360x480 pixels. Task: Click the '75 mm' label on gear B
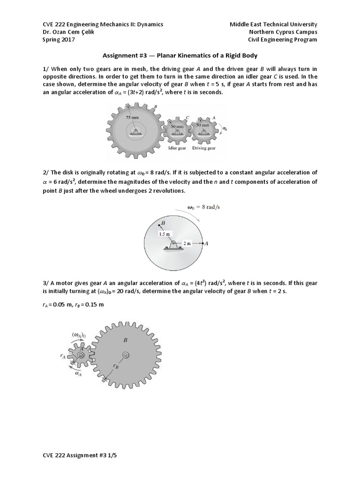pos(133,118)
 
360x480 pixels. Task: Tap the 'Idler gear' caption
pos(177,148)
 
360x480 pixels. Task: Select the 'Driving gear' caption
pos(204,148)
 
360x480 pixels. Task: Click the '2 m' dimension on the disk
pos(187,243)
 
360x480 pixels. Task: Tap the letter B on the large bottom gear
pos(125,341)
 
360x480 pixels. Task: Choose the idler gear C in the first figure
pos(177,130)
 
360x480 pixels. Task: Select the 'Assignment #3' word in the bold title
pos(122,56)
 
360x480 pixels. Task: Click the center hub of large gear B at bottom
pos(126,356)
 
